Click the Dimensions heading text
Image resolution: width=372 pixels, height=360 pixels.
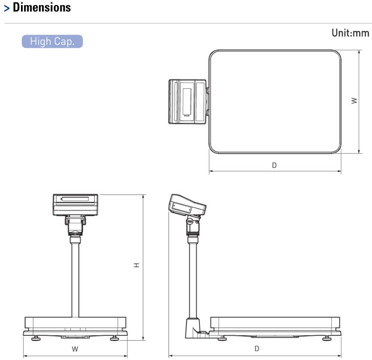coord(42,7)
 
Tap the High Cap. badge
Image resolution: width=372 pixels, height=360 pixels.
coord(52,41)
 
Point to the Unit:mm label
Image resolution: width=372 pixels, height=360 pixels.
coord(351,33)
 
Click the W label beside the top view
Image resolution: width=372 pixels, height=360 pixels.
coord(354,101)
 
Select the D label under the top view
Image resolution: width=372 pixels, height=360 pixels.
coord(274,165)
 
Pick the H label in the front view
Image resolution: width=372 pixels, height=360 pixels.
coord(137,265)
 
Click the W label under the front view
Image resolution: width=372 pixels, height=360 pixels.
coord(75,349)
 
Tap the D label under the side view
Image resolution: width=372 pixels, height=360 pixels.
coord(257,348)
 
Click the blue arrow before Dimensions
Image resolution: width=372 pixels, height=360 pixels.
coord(7,9)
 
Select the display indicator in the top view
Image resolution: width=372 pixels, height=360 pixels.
coord(187,102)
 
